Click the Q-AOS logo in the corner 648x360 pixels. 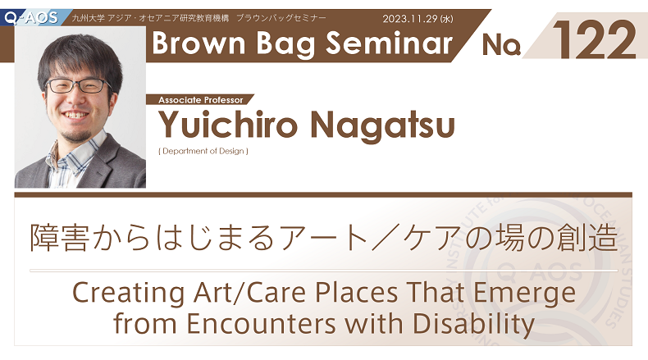[x=31, y=18]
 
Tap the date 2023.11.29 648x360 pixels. [x=410, y=19]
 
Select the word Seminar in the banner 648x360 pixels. [x=390, y=43]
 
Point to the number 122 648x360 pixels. [x=594, y=39]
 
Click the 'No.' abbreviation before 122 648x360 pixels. [x=501, y=44]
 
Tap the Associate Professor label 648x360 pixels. [x=200, y=100]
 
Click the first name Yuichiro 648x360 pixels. [x=228, y=125]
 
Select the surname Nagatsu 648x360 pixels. [x=383, y=125]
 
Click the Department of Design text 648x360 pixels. [x=203, y=151]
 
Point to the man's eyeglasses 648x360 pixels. [x=77, y=85]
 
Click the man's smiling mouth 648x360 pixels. [x=75, y=115]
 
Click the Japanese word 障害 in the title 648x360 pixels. [x=59, y=239]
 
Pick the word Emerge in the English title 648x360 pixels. [x=524, y=294]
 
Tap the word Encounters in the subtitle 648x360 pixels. [x=261, y=324]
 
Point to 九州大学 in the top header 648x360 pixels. [x=88, y=18]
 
